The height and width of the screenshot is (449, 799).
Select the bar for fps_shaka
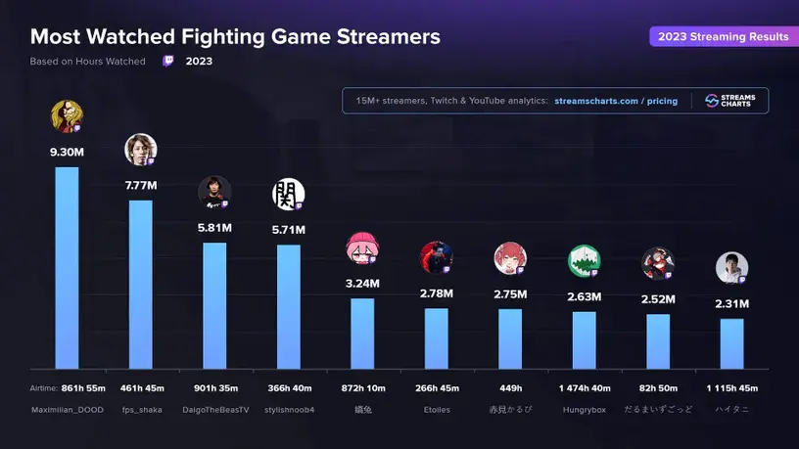[141, 284]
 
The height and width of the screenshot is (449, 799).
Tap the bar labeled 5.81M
[214, 304]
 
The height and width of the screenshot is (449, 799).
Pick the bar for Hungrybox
[584, 339]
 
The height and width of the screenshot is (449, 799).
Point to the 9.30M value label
[67, 153]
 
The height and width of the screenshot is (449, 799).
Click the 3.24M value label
[362, 284]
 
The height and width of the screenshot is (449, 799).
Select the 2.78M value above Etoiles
[436, 293]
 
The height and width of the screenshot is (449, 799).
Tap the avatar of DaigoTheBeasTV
[214, 192]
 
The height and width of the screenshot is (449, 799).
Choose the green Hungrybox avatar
[584, 261]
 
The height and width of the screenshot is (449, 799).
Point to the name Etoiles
[436, 409]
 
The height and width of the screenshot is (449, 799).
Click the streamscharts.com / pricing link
[615, 101]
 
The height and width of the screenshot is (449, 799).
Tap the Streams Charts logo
[729, 101]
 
